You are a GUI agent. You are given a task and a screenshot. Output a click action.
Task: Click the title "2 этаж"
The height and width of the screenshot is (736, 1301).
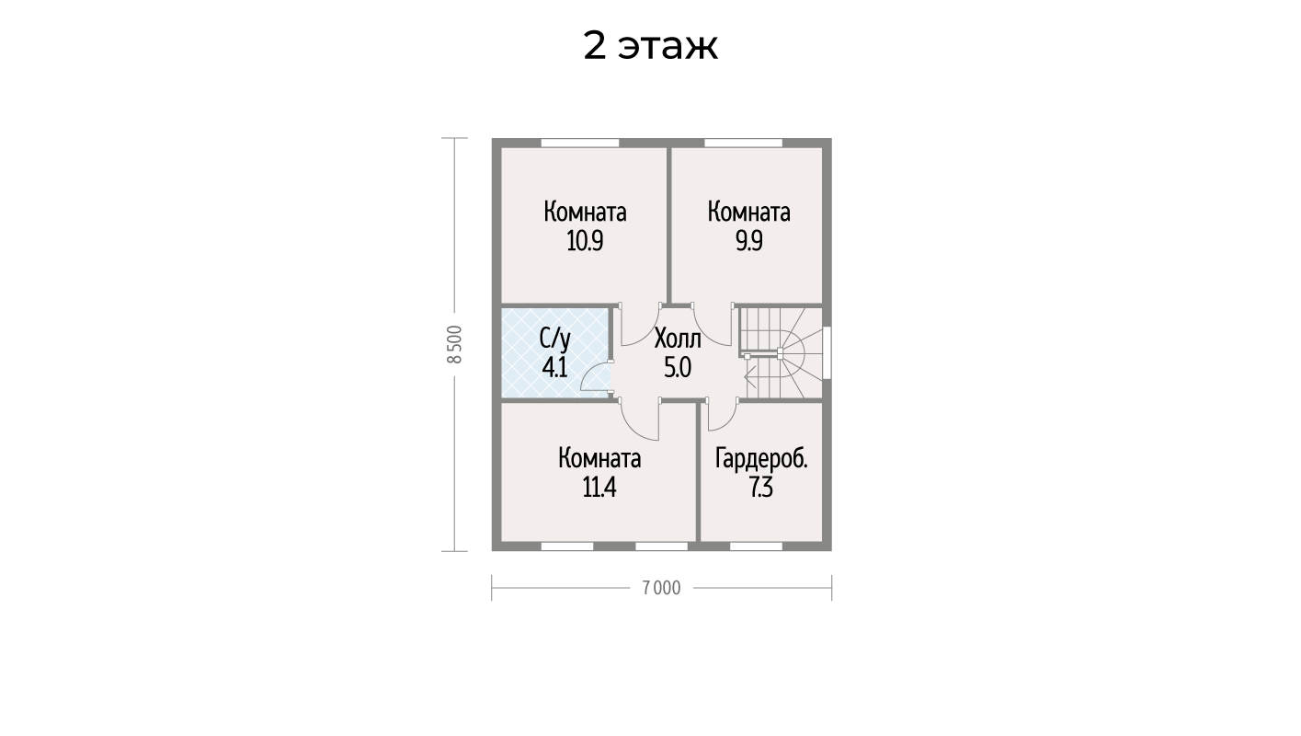click(x=651, y=45)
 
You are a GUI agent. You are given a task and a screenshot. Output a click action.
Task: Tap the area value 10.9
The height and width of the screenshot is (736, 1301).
click(x=585, y=241)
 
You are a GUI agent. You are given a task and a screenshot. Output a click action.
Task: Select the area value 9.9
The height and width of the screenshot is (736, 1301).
click(x=748, y=241)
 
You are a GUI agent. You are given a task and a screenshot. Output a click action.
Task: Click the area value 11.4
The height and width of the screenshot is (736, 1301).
click(x=599, y=488)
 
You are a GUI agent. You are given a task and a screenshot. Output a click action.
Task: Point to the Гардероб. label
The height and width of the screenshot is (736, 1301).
click(x=761, y=459)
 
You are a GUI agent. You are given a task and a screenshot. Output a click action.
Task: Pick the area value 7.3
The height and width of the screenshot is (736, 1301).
click(x=761, y=488)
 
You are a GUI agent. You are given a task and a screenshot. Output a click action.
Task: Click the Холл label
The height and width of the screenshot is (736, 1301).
click(x=678, y=339)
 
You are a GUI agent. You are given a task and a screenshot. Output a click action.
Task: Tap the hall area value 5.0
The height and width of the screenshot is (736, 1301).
click(x=678, y=367)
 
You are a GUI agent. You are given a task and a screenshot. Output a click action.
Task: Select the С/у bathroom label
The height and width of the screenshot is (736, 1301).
click(x=554, y=339)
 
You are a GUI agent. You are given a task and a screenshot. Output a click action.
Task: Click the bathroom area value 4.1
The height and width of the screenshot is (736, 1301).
click(x=554, y=367)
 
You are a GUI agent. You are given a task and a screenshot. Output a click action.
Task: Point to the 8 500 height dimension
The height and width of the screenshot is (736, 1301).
click(x=455, y=344)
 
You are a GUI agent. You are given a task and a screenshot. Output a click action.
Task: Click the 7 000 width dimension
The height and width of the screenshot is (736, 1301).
click(x=662, y=588)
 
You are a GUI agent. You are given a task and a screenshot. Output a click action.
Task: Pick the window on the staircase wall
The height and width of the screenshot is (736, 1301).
click(x=827, y=353)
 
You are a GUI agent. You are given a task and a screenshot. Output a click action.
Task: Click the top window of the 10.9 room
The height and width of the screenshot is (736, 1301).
click(x=579, y=143)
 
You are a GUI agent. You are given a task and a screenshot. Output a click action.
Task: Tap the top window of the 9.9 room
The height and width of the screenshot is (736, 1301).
click(x=744, y=143)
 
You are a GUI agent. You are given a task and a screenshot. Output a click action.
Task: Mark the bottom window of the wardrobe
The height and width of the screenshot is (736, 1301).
click(x=756, y=546)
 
